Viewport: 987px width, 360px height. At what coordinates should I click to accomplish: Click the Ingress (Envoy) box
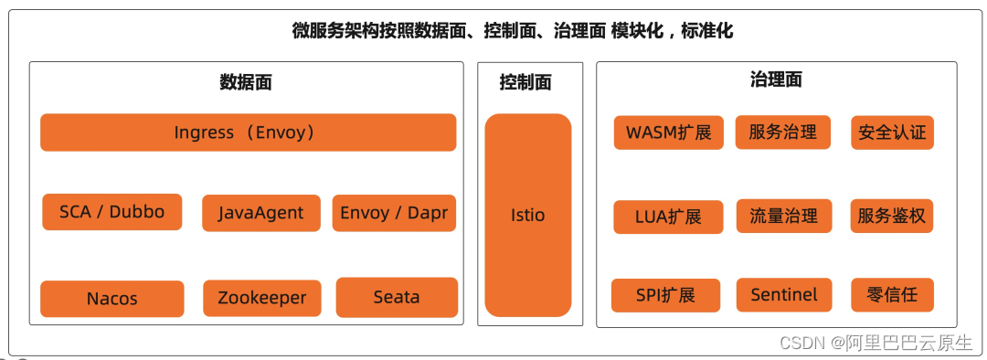(x=248, y=132)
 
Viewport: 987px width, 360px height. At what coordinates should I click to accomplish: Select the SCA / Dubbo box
(x=111, y=212)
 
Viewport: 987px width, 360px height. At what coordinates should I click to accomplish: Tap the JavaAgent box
(x=260, y=214)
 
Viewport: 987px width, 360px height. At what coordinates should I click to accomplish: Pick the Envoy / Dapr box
(x=394, y=213)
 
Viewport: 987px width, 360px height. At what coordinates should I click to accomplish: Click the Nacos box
(x=111, y=299)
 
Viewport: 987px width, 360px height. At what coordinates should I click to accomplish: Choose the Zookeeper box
(x=261, y=298)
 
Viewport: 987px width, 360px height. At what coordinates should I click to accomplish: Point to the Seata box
(x=397, y=297)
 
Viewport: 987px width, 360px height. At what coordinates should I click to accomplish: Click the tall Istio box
(x=527, y=216)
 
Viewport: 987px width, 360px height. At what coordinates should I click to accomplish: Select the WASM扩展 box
(x=668, y=132)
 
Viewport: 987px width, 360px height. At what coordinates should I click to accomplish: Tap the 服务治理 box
(x=782, y=132)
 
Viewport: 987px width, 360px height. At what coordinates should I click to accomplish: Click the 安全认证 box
(x=892, y=132)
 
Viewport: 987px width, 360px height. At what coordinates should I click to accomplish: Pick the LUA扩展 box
(x=668, y=217)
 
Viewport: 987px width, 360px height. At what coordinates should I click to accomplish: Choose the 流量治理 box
(x=783, y=217)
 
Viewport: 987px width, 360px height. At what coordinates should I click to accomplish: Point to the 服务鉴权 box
(x=891, y=217)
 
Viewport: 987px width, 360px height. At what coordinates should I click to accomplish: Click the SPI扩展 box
(x=665, y=295)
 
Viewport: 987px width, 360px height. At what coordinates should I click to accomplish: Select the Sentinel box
(x=783, y=295)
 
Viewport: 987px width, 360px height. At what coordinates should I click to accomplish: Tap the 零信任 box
(x=891, y=295)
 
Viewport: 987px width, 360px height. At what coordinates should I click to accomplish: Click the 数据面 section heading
(x=246, y=82)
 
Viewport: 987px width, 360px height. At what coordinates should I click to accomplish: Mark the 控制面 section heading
(x=525, y=82)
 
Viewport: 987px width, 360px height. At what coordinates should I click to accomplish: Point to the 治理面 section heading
(x=776, y=79)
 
